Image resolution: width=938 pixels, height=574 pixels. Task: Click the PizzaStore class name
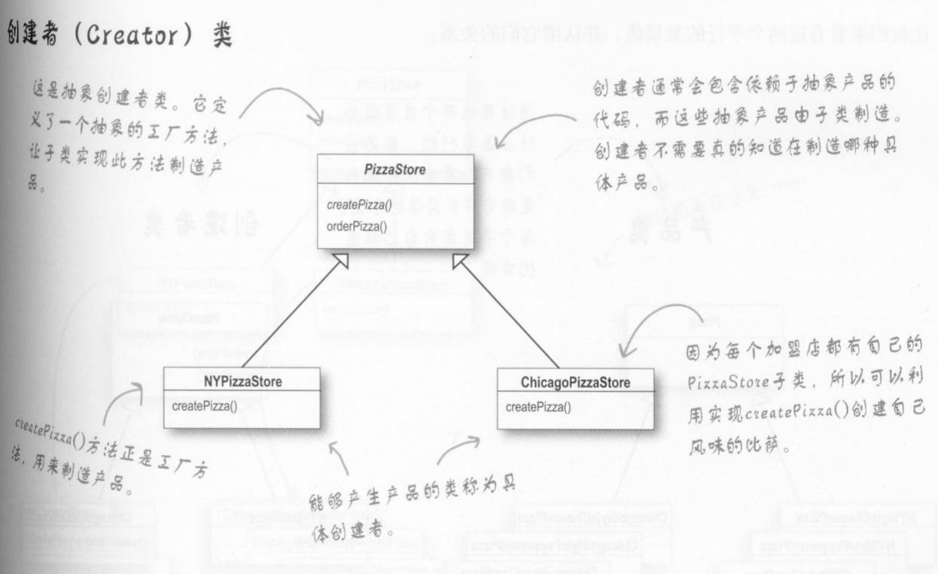coord(395,169)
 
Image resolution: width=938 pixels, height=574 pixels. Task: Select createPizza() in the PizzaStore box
coord(359,204)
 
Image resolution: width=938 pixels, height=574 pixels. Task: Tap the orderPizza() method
coord(356,227)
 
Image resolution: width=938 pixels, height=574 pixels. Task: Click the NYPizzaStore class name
coord(243,382)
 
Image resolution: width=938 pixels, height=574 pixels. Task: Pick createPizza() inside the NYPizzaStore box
coord(204,406)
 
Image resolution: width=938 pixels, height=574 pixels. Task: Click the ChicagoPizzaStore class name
coord(575,382)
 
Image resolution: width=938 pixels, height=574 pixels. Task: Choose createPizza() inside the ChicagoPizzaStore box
coord(538,407)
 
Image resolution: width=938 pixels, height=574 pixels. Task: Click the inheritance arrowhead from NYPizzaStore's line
coord(340,261)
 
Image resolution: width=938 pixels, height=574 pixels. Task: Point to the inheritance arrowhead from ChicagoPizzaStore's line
coord(460,261)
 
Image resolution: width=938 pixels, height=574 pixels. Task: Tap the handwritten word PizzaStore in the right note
coord(728,382)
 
